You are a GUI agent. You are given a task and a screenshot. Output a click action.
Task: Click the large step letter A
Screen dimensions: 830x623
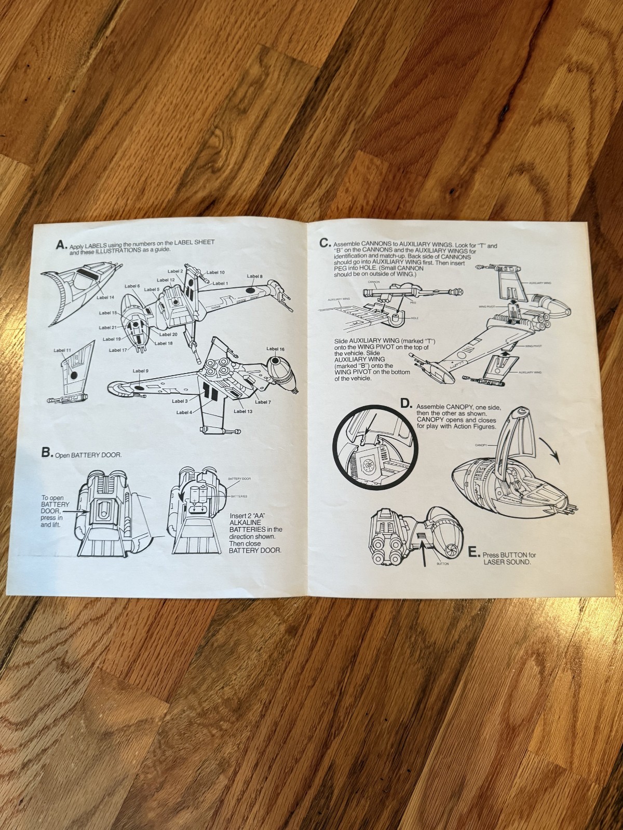[x=62, y=245]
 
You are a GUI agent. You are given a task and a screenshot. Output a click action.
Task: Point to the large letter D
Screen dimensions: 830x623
[x=406, y=404]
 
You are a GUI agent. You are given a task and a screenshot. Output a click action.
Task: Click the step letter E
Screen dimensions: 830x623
[x=473, y=553]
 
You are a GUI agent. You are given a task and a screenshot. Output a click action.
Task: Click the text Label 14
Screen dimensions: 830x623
[x=105, y=297]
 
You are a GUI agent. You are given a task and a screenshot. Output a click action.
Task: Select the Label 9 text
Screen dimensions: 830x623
[x=140, y=371]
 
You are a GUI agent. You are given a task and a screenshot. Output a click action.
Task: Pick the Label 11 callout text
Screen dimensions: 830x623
[x=62, y=351]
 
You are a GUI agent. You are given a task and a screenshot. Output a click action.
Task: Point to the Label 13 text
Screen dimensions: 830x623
[x=243, y=411]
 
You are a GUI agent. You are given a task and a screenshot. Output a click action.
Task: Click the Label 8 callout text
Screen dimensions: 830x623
[x=255, y=276]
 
